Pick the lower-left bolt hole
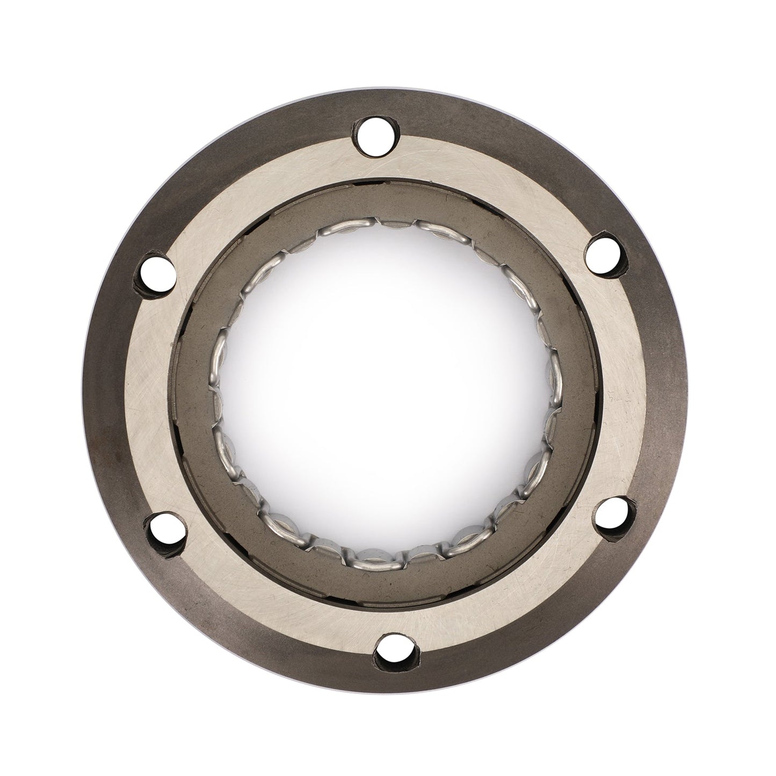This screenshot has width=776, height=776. coord(167,532)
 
